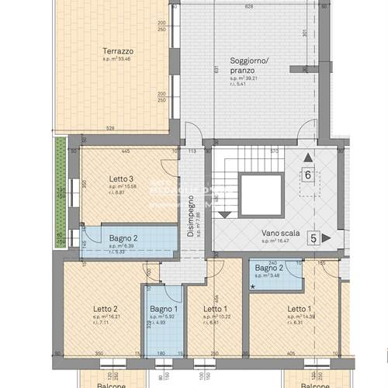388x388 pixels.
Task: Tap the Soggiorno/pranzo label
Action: coord(248,65)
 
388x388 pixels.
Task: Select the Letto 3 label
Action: coord(122,178)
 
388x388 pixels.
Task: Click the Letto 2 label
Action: coord(104,309)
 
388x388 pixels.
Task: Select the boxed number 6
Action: coord(308,175)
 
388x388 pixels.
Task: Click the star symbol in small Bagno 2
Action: coord(253,286)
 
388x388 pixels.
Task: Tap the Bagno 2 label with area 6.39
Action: coord(123,238)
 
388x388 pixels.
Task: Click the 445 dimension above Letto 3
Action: coord(124,151)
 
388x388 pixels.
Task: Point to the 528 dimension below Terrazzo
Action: coord(110,129)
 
